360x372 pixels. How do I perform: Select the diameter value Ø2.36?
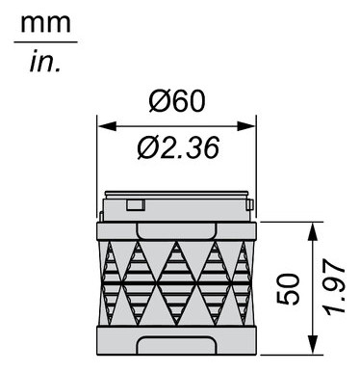point(178,147)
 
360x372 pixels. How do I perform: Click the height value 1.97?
point(332,288)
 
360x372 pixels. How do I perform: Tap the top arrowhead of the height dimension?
point(312,228)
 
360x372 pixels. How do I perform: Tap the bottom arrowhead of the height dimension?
point(312,348)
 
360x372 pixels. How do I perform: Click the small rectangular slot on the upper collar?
point(136,203)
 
